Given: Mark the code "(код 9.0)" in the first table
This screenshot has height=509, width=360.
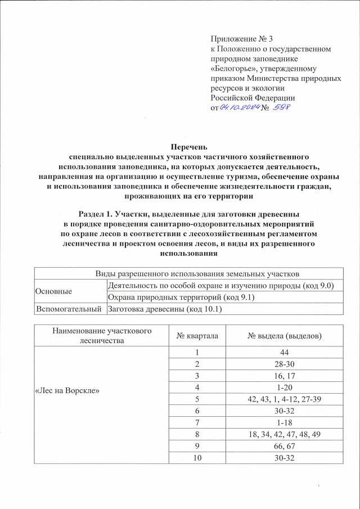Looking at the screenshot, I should click(x=316, y=286).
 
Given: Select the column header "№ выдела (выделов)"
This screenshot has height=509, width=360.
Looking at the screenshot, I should click(x=285, y=336).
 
